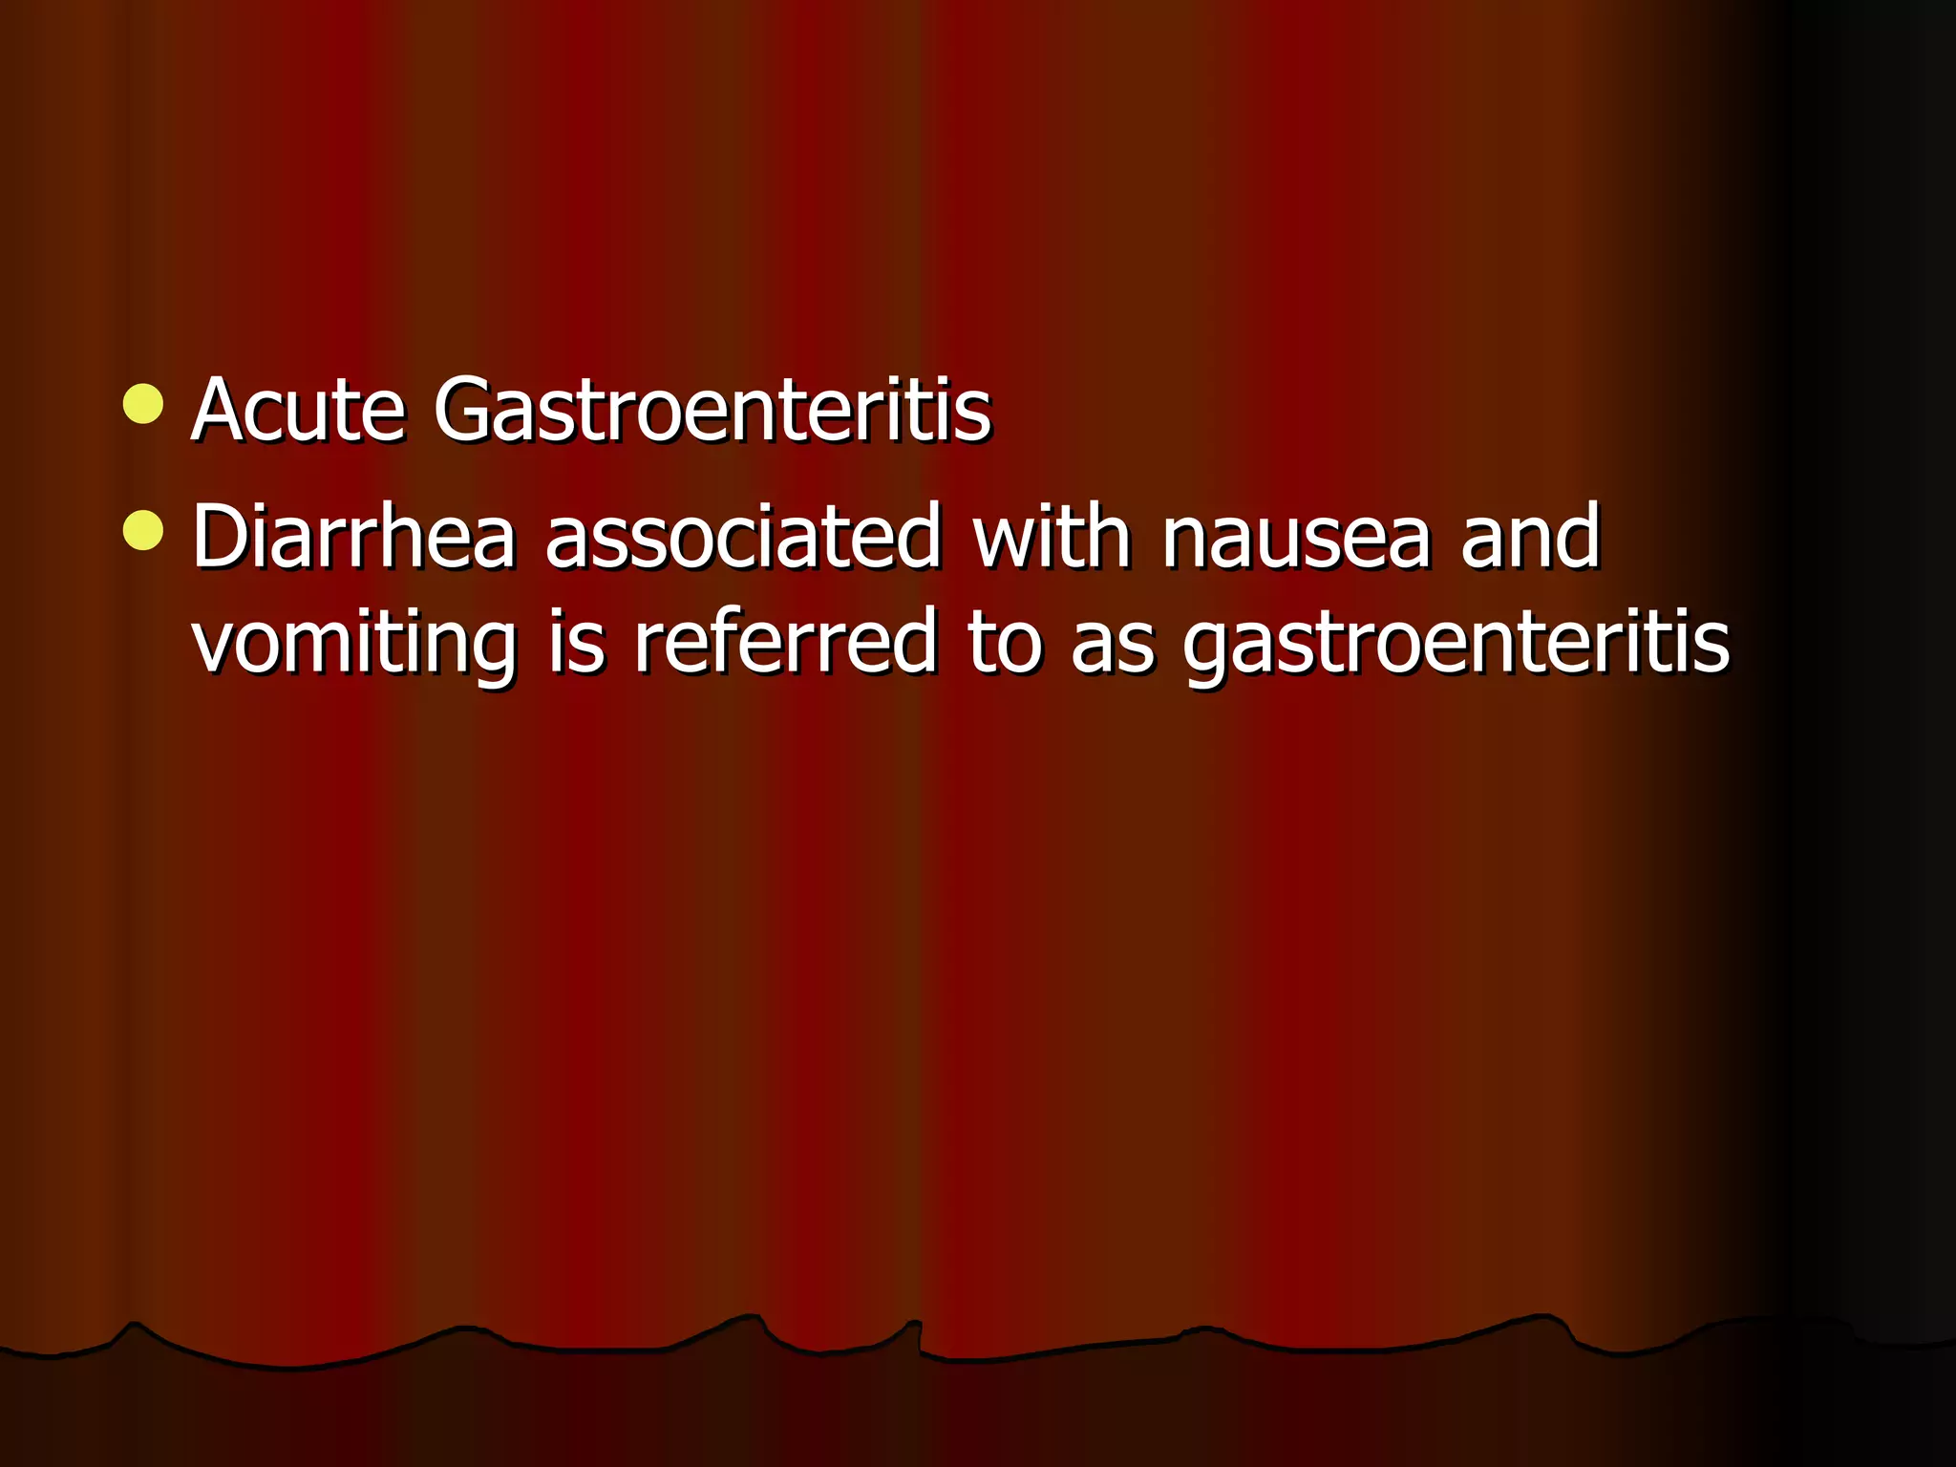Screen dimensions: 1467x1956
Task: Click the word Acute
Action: pyautogui.click(x=298, y=411)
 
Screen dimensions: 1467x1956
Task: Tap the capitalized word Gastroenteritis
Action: pyautogui.click(x=712, y=411)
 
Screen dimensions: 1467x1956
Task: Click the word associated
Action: pyautogui.click(x=743, y=537)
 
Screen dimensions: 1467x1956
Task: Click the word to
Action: pyautogui.click(x=1004, y=642)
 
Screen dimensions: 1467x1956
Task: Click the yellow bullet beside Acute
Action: pyautogui.click(x=143, y=404)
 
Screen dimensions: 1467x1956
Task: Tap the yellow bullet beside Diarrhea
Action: pyautogui.click(x=143, y=531)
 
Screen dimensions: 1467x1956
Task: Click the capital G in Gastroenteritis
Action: pyautogui.click(x=468, y=411)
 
